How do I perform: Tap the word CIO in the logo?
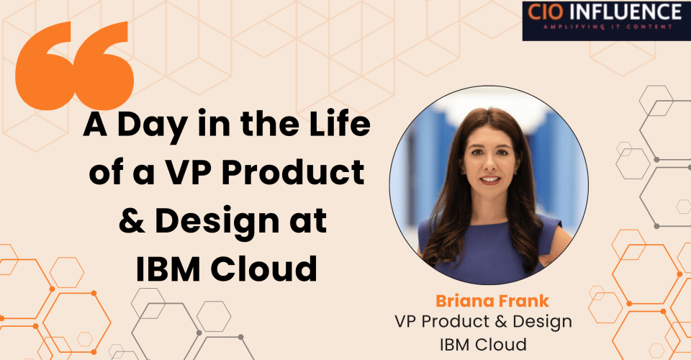[x=551, y=12]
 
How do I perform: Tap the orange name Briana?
[x=458, y=300]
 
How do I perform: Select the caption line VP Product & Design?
[x=483, y=320]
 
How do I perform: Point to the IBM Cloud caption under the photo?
[x=483, y=342]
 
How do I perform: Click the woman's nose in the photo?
[x=489, y=166]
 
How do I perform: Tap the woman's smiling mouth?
[x=489, y=180]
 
